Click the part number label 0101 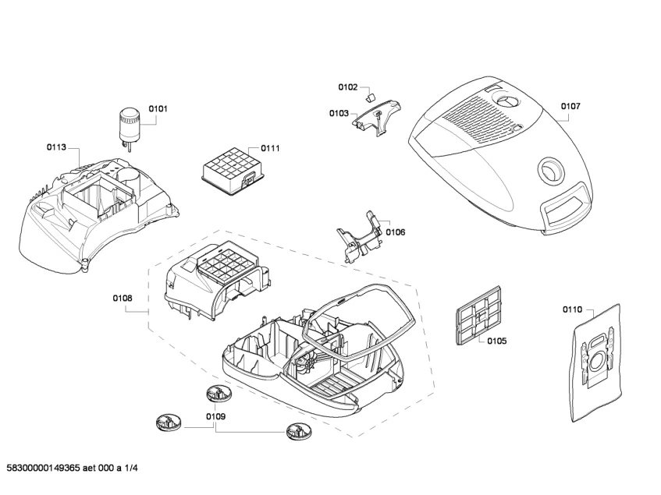[158, 109]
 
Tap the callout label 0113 [56, 147]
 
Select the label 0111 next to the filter [270, 148]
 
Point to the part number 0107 [570, 106]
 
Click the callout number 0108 [123, 298]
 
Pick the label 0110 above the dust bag [572, 309]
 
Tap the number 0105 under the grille [496, 341]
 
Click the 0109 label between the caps [216, 417]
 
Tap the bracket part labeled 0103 [378, 115]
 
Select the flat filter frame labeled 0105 [475, 319]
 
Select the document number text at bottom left [71, 468]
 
